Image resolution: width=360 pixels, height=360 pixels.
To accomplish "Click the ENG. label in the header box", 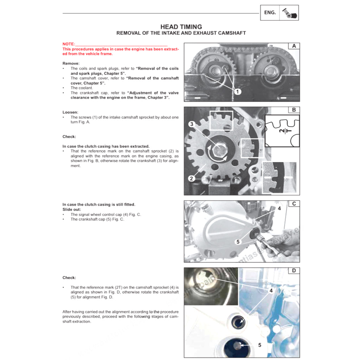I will [x=270, y=13].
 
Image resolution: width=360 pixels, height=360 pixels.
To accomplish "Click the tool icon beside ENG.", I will [x=289, y=13].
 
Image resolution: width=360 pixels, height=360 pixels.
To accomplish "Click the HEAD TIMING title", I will [x=181, y=27].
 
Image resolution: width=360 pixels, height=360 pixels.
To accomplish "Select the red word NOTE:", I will [x=69, y=44].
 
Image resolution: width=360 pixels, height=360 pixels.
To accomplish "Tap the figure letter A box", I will [x=294, y=46].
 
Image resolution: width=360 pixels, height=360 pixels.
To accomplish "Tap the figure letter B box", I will [x=294, y=110].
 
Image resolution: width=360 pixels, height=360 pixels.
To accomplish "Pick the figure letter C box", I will [x=294, y=204].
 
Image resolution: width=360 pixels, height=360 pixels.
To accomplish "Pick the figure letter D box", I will [x=294, y=270].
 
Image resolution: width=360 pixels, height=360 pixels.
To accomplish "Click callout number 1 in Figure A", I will [x=238, y=92].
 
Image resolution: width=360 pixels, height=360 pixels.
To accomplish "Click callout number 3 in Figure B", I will [x=192, y=124].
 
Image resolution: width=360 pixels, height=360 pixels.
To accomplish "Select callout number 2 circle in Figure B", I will [x=191, y=178].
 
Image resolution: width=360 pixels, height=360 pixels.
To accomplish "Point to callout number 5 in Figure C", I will [x=238, y=242].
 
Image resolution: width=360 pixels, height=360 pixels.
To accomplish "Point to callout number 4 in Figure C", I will [x=279, y=208].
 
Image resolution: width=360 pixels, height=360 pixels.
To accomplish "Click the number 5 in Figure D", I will [x=260, y=345].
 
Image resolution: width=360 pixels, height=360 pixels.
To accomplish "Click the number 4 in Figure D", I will [x=271, y=291].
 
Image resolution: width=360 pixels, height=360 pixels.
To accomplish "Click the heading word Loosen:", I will [x=70, y=112].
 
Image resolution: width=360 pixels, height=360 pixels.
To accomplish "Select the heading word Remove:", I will [x=71, y=63].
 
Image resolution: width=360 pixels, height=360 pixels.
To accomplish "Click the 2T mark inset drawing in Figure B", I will [x=282, y=130].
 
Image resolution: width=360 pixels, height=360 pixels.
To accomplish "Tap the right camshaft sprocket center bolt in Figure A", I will [x=270, y=70].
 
